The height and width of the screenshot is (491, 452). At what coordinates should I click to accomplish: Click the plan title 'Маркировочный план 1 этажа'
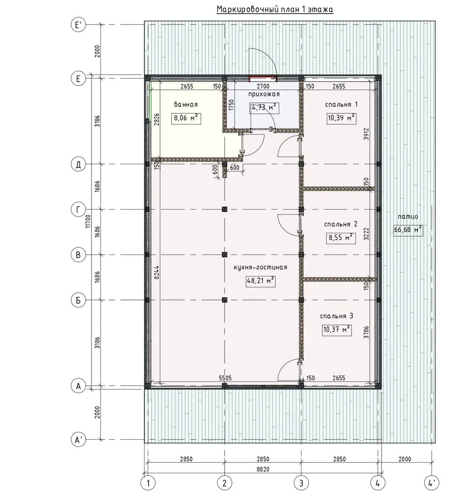point(275,10)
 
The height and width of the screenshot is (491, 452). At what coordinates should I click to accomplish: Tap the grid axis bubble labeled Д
point(78,164)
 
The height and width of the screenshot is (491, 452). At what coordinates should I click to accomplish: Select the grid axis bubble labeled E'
point(78,25)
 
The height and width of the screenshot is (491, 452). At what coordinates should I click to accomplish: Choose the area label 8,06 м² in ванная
point(186,118)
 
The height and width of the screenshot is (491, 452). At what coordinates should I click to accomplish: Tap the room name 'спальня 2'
point(341,224)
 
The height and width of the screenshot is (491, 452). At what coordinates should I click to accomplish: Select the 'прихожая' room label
point(264,94)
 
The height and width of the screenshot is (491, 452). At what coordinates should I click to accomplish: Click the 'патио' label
point(408,216)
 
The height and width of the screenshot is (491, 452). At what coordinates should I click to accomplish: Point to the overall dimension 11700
point(88,221)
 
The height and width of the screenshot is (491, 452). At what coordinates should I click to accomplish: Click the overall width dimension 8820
point(263,469)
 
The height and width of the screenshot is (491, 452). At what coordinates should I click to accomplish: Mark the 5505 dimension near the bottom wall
point(225,378)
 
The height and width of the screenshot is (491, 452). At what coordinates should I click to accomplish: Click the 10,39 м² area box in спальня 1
point(342,118)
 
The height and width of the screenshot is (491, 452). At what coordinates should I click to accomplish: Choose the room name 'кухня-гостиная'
point(260,267)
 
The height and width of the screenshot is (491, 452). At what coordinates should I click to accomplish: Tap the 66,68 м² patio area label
point(408,230)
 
